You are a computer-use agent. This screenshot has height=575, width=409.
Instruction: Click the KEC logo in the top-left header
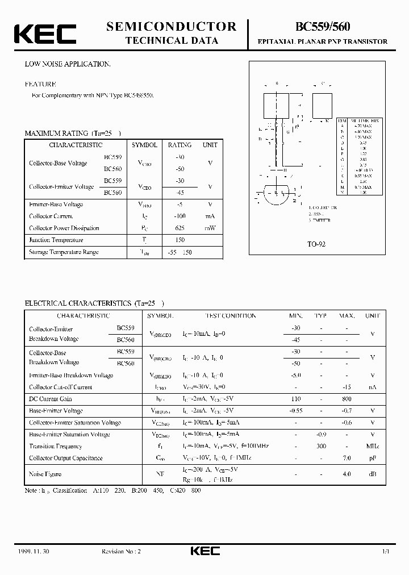(45, 34)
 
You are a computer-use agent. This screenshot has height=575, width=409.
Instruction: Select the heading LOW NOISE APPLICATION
(68, 64)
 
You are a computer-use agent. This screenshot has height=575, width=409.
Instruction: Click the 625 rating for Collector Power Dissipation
(180, 228)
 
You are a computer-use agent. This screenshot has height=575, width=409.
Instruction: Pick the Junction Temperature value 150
(180, 240)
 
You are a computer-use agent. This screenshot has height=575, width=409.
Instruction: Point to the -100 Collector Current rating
(180, 216)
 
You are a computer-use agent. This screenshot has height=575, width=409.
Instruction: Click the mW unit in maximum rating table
(210, 228)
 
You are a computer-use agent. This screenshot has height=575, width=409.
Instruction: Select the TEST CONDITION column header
(231, 316)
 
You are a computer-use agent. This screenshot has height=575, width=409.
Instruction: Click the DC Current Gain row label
(51, 399)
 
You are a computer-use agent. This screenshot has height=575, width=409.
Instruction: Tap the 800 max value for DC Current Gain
(347, 399)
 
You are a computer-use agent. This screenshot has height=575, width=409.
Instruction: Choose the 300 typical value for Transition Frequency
(321, 447)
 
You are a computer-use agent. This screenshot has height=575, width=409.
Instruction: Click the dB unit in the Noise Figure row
(372, 474)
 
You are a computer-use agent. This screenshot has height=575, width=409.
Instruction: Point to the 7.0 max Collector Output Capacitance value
(347, 458)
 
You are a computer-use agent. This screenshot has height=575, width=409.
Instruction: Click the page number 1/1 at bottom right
(386, 552)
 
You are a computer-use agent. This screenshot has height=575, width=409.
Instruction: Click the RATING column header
(180, 145)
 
